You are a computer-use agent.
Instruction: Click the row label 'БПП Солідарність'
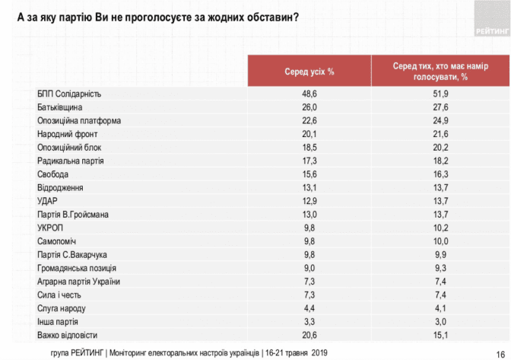click(69, 94)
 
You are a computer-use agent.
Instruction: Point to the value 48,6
click(310, 94)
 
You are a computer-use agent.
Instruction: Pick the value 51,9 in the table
click(441, 94)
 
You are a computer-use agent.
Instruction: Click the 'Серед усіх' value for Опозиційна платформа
click(310, 120)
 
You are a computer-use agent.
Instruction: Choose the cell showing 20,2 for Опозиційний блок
click(441, 147)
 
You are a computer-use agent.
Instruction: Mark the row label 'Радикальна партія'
click(70, 161)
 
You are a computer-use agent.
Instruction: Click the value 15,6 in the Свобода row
click(310, 174)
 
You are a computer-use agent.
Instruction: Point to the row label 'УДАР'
click(48, 201)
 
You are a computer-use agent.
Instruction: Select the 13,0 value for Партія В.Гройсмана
click(310, 215)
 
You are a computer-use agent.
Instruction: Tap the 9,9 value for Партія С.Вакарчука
click(441, 255)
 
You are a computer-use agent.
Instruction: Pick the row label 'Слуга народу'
click(62, 308)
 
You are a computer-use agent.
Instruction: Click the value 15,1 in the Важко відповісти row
click(441, 335)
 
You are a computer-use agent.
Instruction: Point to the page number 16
click(500, 352)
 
